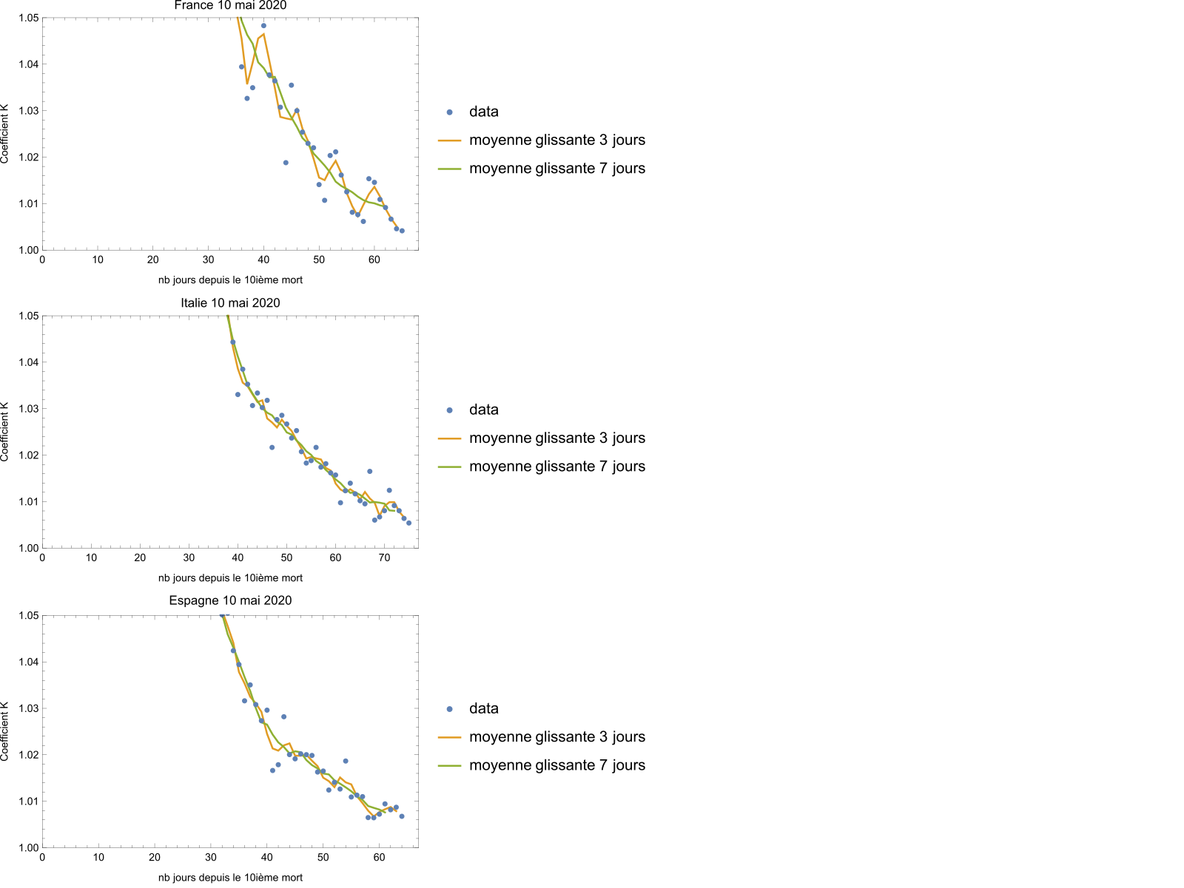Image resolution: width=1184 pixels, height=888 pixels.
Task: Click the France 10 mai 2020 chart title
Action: click(x=230, y=6)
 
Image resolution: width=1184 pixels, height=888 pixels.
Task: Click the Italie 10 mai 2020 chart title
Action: click(x=230, y=303)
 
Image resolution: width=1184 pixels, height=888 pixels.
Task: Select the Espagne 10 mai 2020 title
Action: click(x=230, y=601)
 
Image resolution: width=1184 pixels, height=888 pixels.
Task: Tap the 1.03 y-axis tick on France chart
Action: click(x=28, y=111)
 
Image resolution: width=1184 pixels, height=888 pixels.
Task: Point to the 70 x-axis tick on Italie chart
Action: click(x=384, y=558)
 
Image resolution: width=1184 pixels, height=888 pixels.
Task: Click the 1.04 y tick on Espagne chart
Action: click(x=28, y=662)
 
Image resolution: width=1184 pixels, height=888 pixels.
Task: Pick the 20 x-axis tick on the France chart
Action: click(x=153, y=260)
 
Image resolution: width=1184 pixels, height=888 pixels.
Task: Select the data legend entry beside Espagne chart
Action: click(x=483, y=709)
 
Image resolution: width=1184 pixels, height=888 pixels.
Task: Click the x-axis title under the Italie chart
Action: click(x=230, y=578)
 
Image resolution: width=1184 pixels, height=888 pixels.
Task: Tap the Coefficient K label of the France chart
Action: click(x=5, y=134)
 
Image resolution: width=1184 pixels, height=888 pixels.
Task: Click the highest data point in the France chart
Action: click(x=263, y=26)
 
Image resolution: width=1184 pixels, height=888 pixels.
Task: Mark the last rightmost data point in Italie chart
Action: click(x=408, y=523)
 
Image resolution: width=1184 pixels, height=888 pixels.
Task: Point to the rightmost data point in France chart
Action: click(x=402, y=231)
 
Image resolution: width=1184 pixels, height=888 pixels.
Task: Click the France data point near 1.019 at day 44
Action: click(x=286, y=163)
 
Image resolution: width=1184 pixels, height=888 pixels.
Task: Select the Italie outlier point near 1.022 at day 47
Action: click(x=272, y=447)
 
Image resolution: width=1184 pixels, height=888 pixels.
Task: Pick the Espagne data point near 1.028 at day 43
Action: click(x=283, y=716)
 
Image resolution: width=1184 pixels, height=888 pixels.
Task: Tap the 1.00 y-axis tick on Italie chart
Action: click(x=28, y=549)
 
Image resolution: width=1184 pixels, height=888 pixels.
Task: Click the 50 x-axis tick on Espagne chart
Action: click(x=323, y=858)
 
